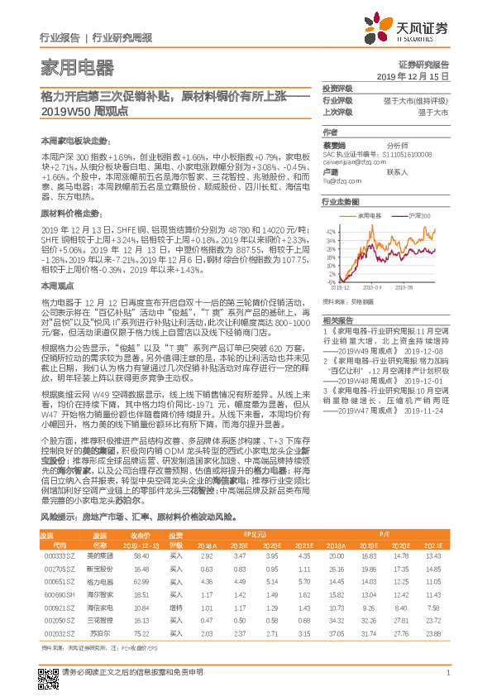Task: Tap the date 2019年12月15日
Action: (x=418, y=76)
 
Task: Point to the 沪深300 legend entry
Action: (x=413, y=214)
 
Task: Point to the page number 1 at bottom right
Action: (x=447, y=672)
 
